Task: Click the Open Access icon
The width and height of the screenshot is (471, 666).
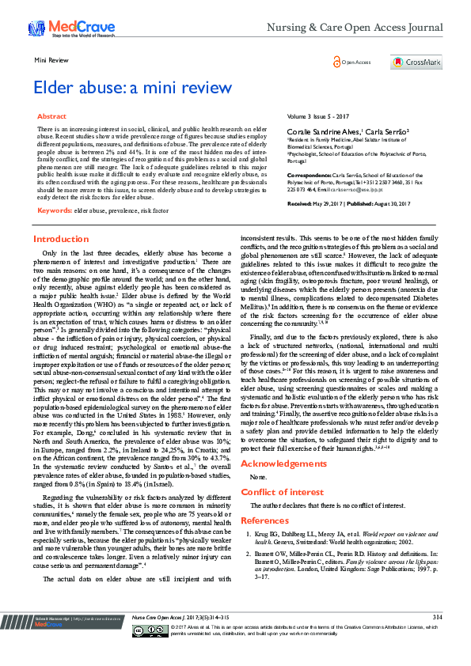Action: click(336, 62)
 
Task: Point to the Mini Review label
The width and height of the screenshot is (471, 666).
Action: click(49, 59)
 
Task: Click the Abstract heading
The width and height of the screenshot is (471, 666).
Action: click(52, 116)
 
